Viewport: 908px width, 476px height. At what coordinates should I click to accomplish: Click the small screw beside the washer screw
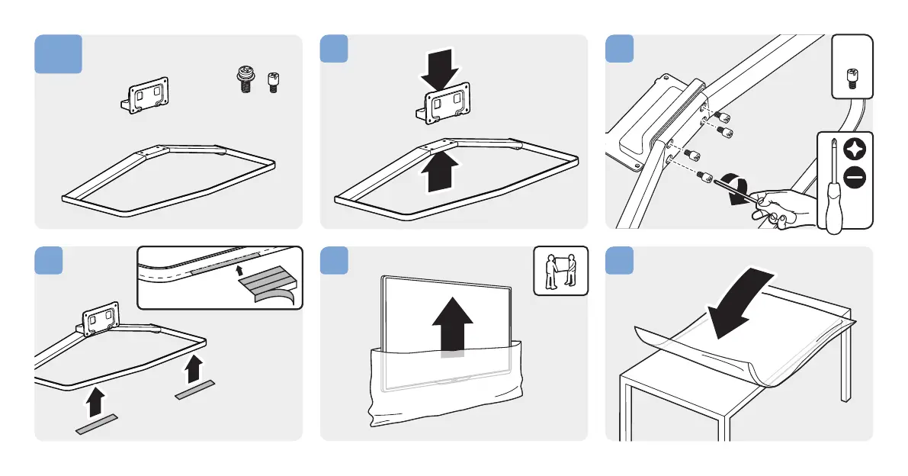point(272,82)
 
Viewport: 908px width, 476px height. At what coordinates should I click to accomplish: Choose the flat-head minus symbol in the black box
point(855,178)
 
